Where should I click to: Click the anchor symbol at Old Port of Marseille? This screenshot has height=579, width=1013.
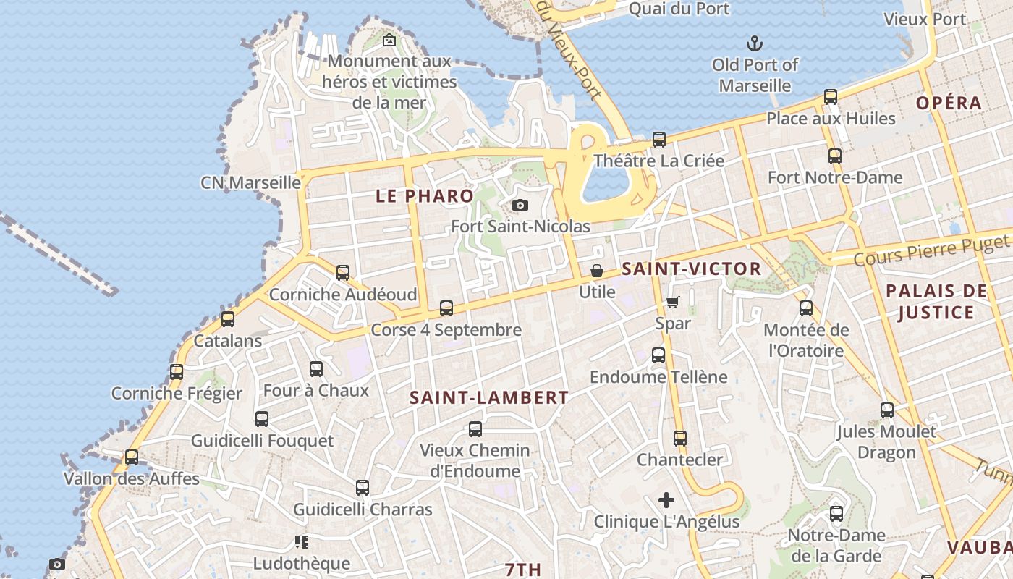tap(755, 43)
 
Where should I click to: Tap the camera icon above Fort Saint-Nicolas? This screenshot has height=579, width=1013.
tap(520, 206)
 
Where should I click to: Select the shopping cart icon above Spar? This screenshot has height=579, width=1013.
tap(673, 302)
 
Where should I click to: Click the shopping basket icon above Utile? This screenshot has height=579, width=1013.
tap(597, 271)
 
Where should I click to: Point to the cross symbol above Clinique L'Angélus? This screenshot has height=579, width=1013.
tap(666, 500)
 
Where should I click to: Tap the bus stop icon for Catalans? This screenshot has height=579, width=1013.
tap(228, 319)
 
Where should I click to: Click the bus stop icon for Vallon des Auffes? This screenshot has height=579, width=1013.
tap(131, 457)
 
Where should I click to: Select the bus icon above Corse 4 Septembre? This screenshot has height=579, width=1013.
tap(446, 308)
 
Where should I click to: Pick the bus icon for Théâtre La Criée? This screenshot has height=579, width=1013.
tap(658, 140)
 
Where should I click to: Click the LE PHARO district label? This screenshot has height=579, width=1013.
tap(425, 195)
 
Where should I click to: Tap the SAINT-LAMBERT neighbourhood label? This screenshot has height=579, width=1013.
tap(489, 397)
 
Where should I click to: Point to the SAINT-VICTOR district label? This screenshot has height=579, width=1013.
tap(692, 269)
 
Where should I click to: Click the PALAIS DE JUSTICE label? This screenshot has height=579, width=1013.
tap(936, 302)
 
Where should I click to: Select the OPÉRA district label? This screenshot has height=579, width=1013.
tap(949, 103)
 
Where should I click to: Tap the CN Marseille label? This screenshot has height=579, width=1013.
tap(250, 182)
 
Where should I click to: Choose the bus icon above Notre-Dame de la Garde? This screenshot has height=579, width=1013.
tap(836, 514)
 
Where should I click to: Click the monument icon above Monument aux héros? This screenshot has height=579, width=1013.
tap(389, 41)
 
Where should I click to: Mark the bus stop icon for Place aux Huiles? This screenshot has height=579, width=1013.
tap(831, 97)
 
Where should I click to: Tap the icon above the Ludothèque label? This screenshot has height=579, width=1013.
tap(302, 542)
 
